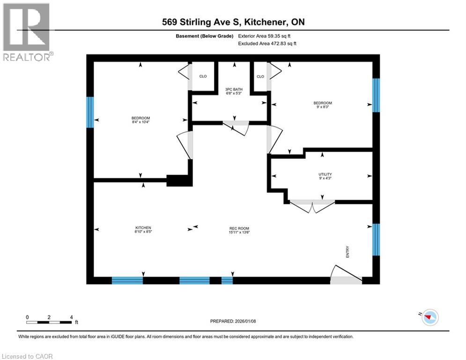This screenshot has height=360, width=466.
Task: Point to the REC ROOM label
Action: pos(239,228)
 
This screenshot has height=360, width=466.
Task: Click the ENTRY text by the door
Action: pos(348,252)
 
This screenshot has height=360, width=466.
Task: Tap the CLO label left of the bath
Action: pos(203,76)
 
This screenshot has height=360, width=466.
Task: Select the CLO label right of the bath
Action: pos(260,76)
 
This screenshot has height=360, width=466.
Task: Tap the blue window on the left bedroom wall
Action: pos(90,112)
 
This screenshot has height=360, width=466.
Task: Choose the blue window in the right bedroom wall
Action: pos(376,95)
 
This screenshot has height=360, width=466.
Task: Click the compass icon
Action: pos(429,317)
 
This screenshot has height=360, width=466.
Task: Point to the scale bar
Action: pos(49,322)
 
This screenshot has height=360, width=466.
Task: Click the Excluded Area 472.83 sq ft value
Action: pos(267,43)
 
